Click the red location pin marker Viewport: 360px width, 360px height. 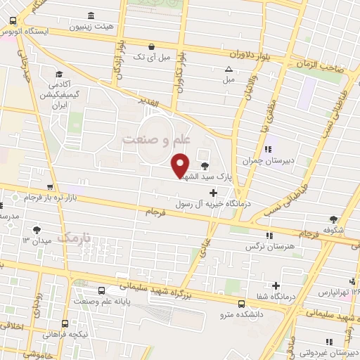point(181,165)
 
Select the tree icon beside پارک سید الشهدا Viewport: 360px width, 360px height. point(205,166)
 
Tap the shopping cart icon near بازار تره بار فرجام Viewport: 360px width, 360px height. point(49,187)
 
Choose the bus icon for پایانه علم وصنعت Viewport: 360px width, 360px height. point(102,290)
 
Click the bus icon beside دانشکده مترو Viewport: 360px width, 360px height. point(242,304)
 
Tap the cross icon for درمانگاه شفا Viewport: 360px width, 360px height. point(277,285)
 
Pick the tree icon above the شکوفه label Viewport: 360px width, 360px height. point(333,219)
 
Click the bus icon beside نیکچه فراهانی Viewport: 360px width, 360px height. point(65,325)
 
